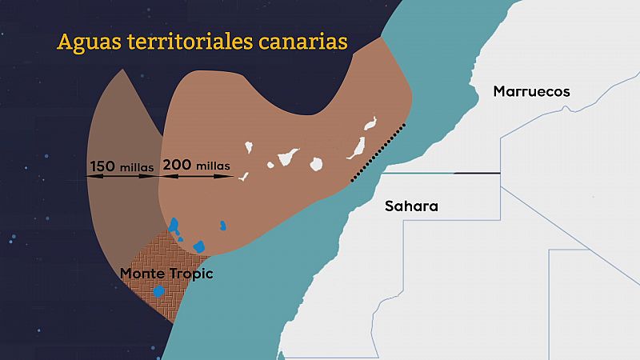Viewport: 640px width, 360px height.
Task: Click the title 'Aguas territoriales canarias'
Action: pyautogui.click(x=202, y=41)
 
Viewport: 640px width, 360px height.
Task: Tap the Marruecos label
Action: pyautogui.click(x=532, y=91)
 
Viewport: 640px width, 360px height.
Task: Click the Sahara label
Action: pyautogui.click(x=411, y=206)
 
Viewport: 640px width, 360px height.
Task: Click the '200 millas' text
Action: pyautogui.click(x=197, y=166)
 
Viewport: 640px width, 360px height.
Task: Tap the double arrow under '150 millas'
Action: pyautogui.click(x=122, y=177)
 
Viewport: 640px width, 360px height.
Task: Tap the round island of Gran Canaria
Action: pyautogui.click(x=318, y=163)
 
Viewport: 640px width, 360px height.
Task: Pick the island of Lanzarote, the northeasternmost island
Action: pyautogui.click(x=370, y=124)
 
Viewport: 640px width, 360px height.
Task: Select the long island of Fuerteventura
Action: pyautogui.click(x=354, y=149)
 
